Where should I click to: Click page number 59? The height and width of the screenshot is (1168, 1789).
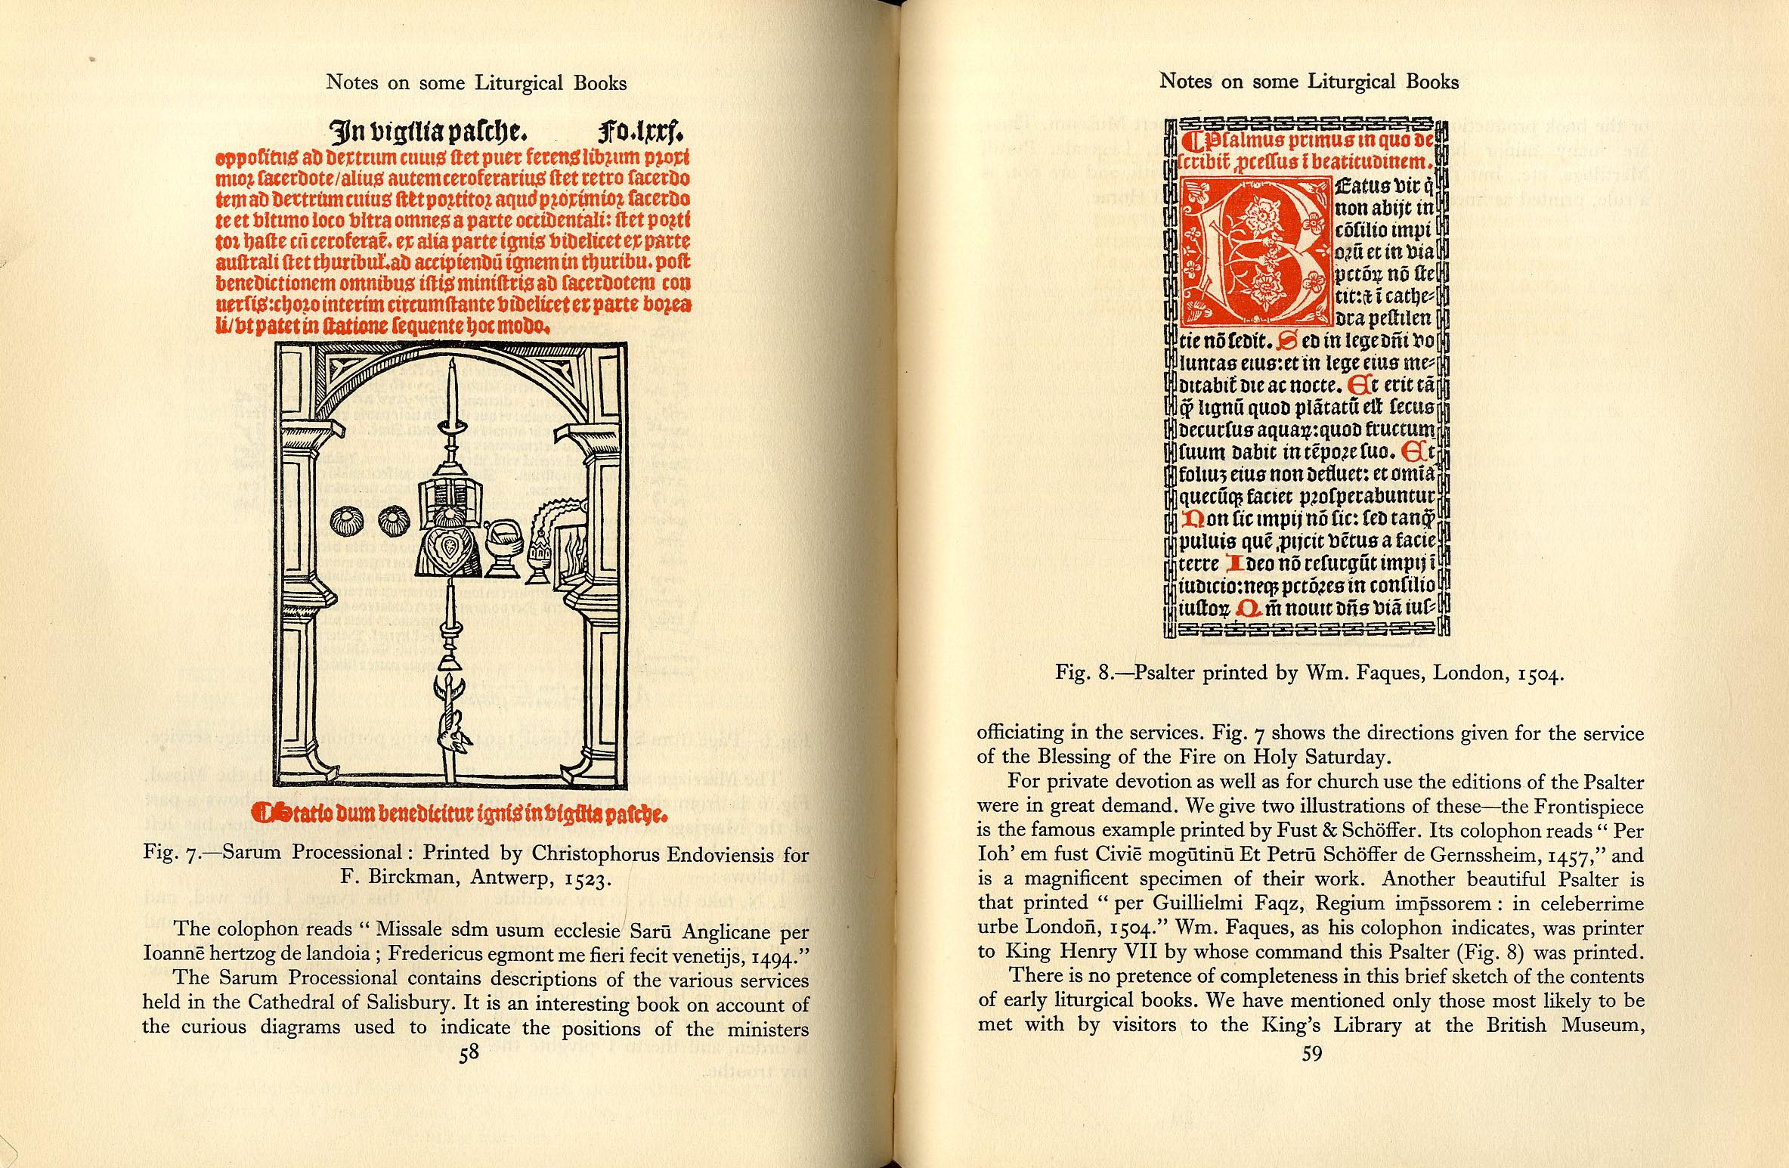point(1311,1053)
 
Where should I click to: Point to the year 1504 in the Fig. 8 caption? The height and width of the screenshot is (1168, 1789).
point(1537,674)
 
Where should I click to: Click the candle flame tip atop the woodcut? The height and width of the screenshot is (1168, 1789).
point(451,364)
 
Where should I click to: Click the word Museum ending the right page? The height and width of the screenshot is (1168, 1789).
point(1606,1025)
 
